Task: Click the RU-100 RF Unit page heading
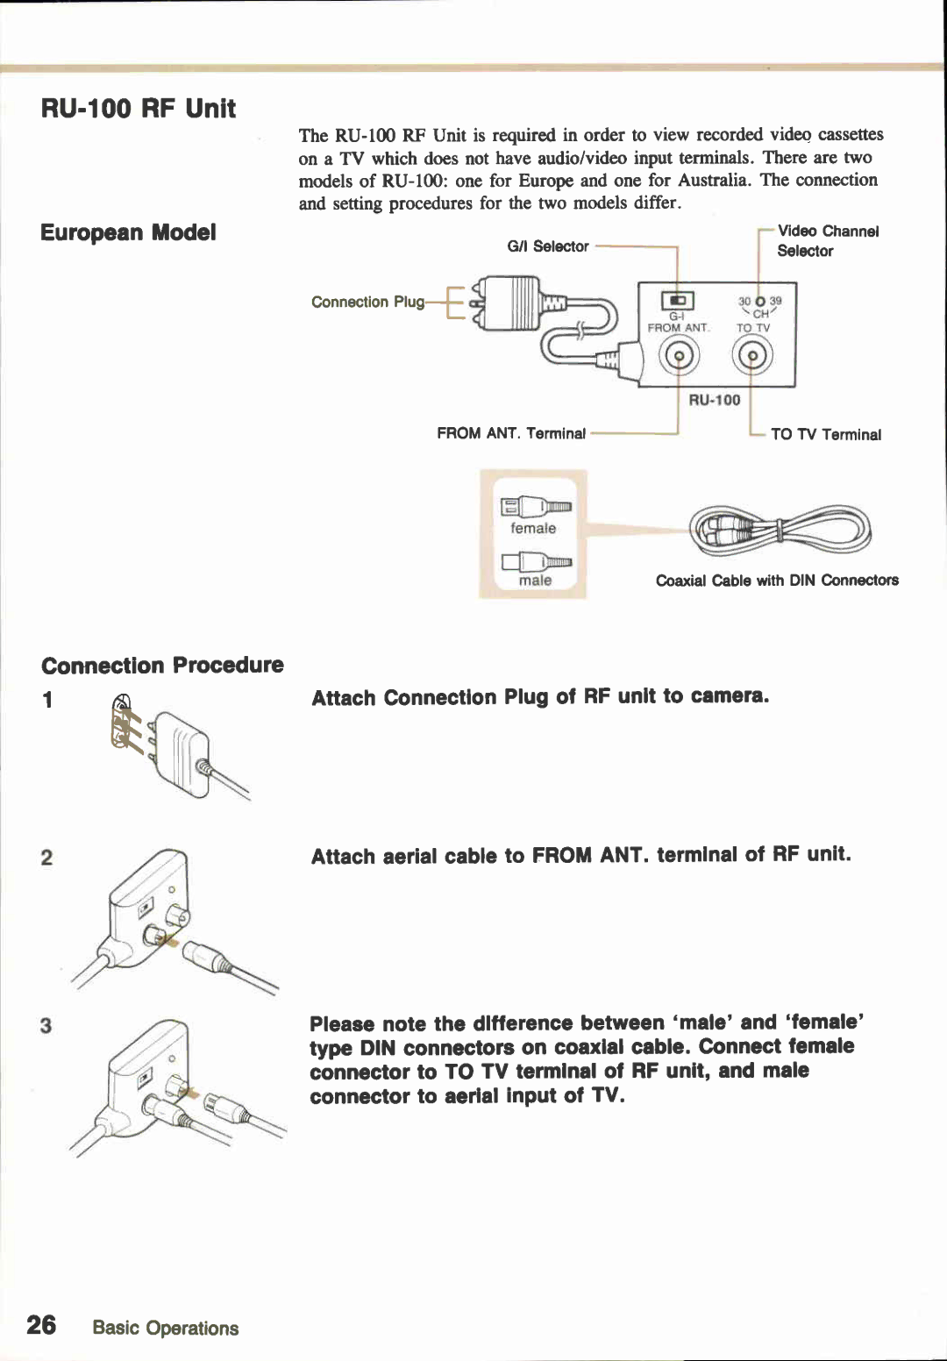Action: click(139, 109)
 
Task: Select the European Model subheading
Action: click(128, 232)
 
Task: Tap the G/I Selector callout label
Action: click(548, 246)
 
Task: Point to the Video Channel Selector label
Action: click(827, 240)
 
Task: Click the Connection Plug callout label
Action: click(367, 302)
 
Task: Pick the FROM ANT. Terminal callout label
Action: click(511, 433)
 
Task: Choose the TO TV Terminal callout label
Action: click(826, 434)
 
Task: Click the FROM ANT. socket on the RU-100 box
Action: click(678, 356)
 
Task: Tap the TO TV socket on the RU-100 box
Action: click(752, 356)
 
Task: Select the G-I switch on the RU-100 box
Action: click(677, 301)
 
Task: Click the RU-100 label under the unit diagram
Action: click(714, 400)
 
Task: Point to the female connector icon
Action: click(535, 507)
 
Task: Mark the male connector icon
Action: click(535, 561)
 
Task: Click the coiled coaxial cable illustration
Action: click(780, 531)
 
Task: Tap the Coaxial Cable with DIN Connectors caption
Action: click(777, 580)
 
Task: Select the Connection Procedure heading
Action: click(162, 665)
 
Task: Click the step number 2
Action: click(46, 857)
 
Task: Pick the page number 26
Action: click(41, 1324)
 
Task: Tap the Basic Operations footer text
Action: click(166, 1328)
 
